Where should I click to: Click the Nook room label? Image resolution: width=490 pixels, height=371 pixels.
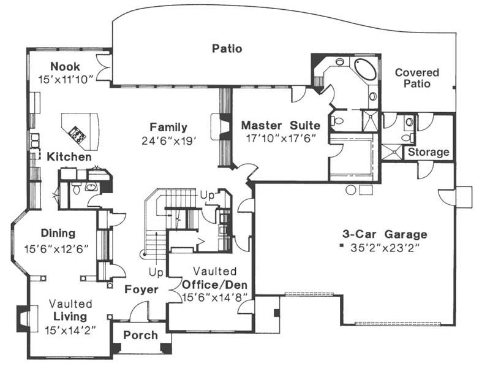[66, 66]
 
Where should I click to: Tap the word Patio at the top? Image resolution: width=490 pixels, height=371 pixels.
[227, 48]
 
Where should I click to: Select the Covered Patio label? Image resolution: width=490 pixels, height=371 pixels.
[417, 78]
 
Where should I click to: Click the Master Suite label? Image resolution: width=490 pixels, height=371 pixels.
[278, 126]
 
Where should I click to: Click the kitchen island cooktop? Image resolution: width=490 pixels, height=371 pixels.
[77, 131]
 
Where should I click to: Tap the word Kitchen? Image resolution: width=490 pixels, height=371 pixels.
[69, 157]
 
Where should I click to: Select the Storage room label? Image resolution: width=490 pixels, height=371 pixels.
[429, 152]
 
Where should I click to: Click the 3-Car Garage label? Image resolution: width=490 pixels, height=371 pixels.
[385, 234]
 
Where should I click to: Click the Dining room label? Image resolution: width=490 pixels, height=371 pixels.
[58, 233]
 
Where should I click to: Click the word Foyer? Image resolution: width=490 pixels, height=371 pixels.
[142, 289]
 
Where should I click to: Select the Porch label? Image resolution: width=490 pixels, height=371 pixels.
[140, 335]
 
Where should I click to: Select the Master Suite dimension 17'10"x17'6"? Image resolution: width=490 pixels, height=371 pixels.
[278, 139]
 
